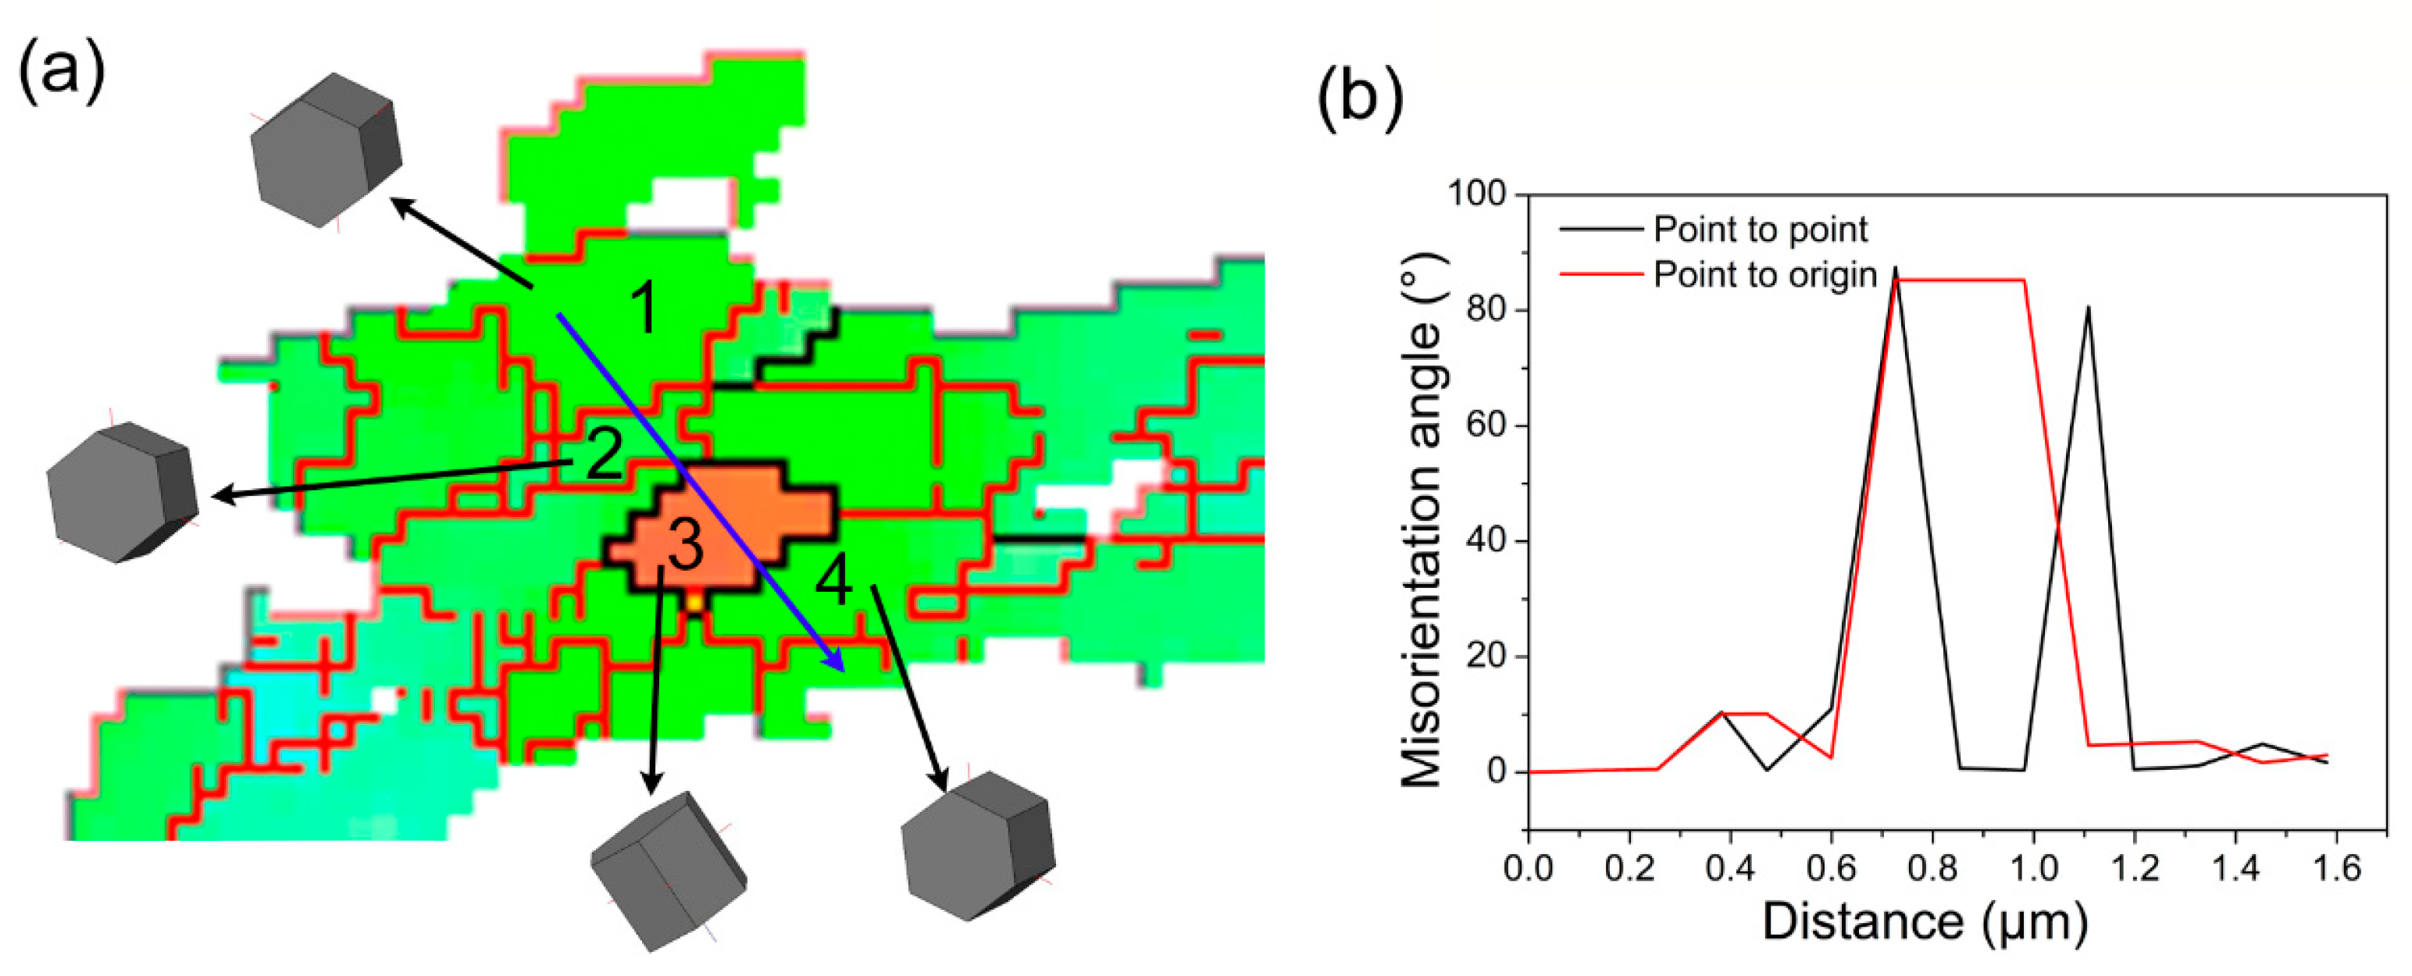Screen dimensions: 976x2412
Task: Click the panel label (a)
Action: [x=61, y=72]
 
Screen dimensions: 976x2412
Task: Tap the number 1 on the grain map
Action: [x=645, y=308]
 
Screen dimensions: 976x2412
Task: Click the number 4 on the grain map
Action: [x=833, y=580]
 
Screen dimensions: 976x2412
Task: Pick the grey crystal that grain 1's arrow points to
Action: [x=325, y=150]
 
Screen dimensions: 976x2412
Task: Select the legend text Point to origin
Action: [x=1765, y=275]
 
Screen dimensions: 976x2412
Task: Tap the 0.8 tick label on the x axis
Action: [x=1932, y=869]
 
